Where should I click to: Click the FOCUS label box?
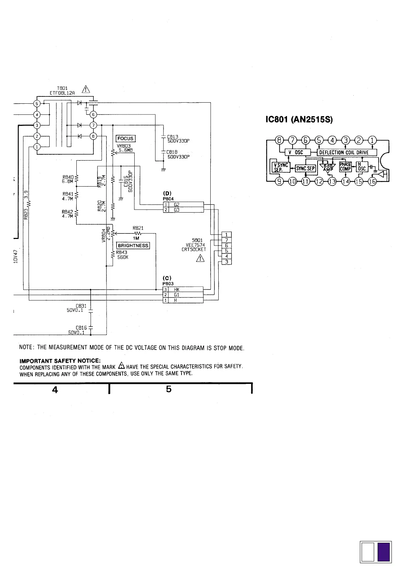(125, 138)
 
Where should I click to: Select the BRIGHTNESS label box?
(133, 246)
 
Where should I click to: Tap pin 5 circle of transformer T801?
(37, 103)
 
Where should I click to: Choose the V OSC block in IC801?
(296, 152)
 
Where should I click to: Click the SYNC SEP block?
(305, 169)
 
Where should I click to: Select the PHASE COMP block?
(346, 166)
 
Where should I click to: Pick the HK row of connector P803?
(183, 289)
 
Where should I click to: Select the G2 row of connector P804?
(183, 205)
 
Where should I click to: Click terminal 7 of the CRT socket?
(226, 240)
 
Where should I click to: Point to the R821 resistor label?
(138, 228)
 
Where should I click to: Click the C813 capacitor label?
(172, 137)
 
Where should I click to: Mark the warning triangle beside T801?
(85, 89)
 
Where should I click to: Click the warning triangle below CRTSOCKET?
(200, 258)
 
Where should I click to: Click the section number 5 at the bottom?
(169, 389)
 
